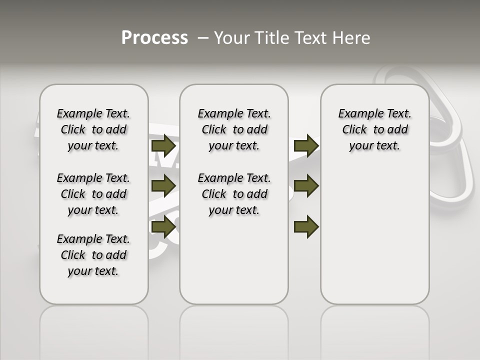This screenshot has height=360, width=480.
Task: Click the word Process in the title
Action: [x=154, y=37]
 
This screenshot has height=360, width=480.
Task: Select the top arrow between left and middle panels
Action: [x=163, y=146]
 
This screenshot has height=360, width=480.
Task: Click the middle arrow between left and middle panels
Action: [x=163, y=186]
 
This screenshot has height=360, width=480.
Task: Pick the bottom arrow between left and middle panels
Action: [x=163, y=226]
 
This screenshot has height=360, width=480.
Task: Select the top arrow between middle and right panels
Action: [x=306, y=146]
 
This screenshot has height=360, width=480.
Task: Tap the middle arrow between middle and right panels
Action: [x=306, y=186]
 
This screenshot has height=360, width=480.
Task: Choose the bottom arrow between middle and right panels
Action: [x=306, y=226]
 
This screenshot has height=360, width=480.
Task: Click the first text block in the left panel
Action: [x=93, y=129]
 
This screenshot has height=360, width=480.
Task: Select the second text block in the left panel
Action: [x=93, y=194]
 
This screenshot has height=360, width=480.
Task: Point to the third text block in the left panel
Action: [x=93, y=255]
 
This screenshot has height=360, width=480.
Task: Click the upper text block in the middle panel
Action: [x=234, y=129]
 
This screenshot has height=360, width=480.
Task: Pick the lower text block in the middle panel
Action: [x=234, y=194]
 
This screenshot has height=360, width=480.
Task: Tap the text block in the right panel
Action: [x=374, y=129]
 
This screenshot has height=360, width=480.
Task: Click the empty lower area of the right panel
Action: [x=374, y=235]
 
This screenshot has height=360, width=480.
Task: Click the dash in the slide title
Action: [x=203, y=37]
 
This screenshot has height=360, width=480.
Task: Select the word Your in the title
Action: [x=232, y=37]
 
